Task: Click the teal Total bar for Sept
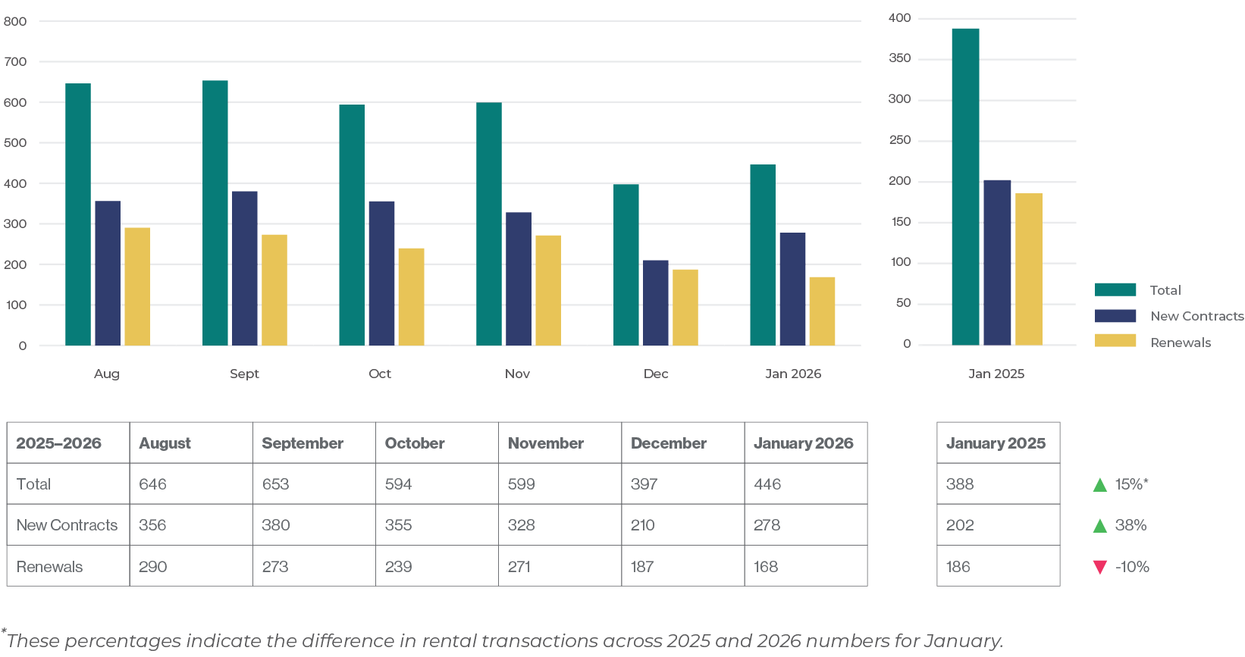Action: (215, 213)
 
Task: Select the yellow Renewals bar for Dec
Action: (685, 307)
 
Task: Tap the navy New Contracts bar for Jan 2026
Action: (792, 289)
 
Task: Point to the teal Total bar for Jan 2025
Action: (965, 186)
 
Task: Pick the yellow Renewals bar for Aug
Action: (137, 286)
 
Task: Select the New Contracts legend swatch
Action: (1115, 316)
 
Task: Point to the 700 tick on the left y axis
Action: (16, 61)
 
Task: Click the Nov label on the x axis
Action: (517, 374)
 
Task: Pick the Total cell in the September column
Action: (276, 484)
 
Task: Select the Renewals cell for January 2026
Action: (766, 567)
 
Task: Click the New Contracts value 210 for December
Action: (643, 525)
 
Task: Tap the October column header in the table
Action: (415, 443)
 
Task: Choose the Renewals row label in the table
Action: (50, 567)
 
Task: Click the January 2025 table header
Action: (996, 443)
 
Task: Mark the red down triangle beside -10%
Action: (1100, 567)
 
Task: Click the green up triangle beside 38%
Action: (1100, 525)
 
